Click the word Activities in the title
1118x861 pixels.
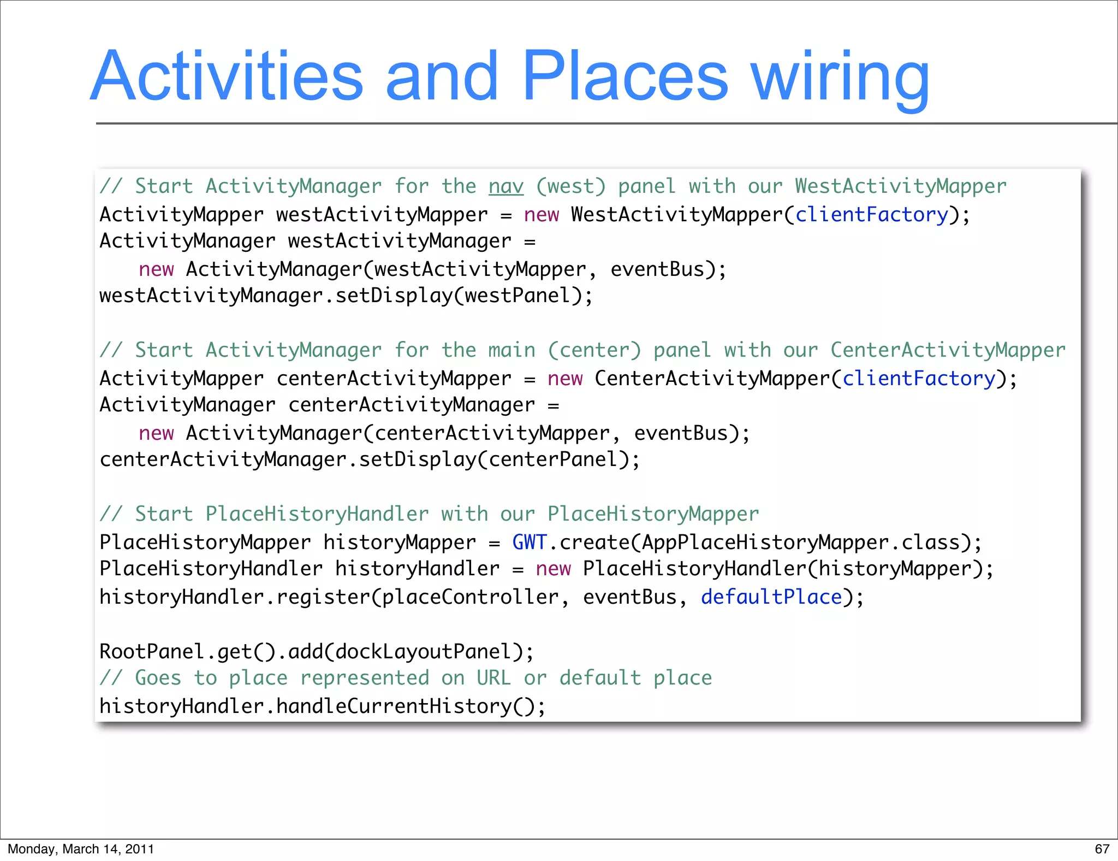coord(227,76)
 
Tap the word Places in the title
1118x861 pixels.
coord(625,76)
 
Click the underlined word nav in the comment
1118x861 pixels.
coord(506,187)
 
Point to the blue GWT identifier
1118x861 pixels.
coord(529,542)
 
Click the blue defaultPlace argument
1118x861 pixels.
coord(771,597)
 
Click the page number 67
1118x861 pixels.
coord(1102,849)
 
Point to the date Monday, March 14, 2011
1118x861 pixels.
coord(81,849)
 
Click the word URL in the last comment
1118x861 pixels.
coord(493,679)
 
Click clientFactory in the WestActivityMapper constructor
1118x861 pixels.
coord(871,215)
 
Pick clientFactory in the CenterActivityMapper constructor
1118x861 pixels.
coord(919,379)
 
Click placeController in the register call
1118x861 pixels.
coord(470,597)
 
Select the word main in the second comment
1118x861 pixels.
coord(512,351)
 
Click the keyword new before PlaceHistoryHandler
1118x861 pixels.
coord(553,569)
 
